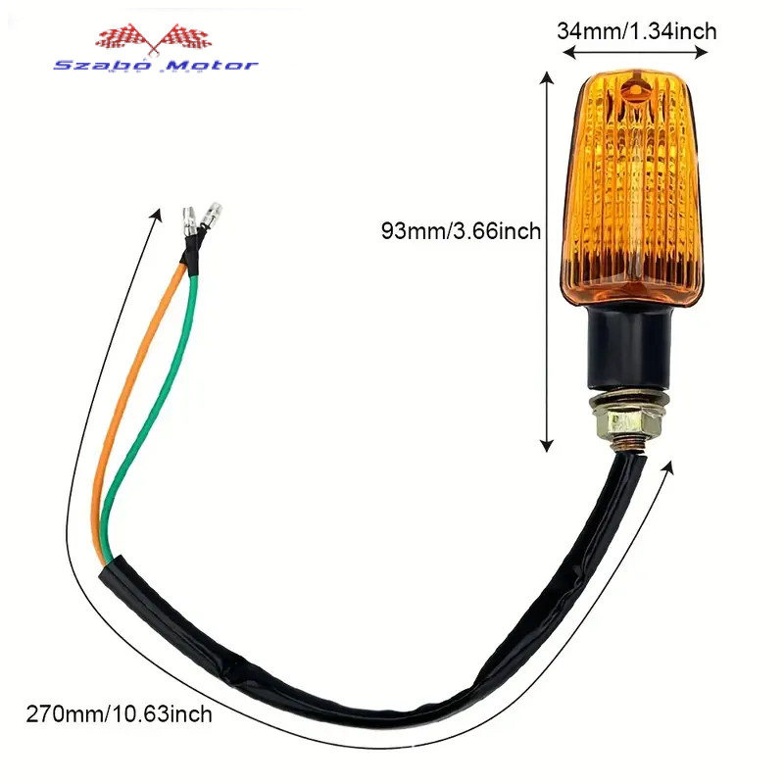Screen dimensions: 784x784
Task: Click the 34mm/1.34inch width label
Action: coord(636,31)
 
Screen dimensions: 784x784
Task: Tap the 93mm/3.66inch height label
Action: coord(461,231)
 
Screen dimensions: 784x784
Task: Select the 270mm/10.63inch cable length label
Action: coord(119,713)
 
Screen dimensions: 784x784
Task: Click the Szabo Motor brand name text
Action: coord(156,66)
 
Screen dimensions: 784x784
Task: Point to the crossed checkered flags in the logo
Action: coord(154,37)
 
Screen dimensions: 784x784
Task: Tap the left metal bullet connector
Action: coord(189,222)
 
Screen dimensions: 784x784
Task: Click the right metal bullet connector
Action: coord(211,215)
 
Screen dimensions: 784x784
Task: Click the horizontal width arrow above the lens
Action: coord(635,52)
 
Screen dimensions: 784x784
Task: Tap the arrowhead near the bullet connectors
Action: coord(158,215)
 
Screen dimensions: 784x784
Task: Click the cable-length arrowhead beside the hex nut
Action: coord(668,467)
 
